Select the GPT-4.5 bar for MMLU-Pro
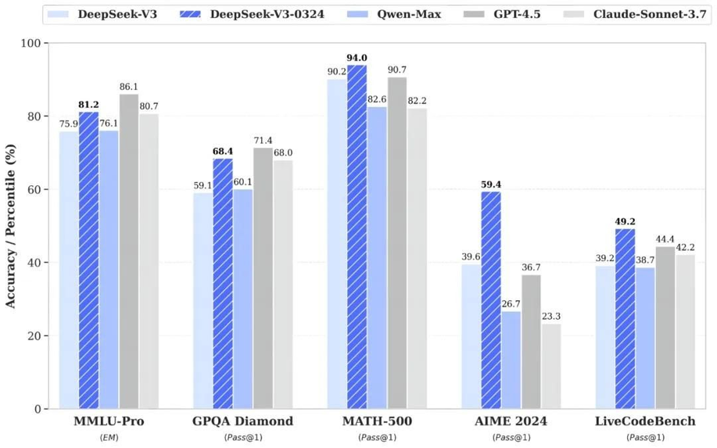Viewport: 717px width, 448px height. pos(129,251)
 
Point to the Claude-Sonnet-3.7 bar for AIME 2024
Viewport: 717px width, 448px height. pos(551,366)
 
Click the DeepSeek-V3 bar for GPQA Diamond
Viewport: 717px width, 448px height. pos(203,300)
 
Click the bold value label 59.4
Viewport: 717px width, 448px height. pos(491,184)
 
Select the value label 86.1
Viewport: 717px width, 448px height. pos(129,87)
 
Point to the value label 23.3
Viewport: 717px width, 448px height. pos(551,316)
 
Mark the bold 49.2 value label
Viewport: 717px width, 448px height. pos(625,222)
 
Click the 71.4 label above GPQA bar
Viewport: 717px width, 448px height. pos(263,140)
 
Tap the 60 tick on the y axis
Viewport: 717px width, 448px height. pos(34,190)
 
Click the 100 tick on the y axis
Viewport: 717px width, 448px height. pos(31,43)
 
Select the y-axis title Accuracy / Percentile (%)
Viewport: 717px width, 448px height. pos(10,226)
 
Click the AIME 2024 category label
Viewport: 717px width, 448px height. pos(511,421)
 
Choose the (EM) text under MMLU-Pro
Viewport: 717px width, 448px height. pos(109,437)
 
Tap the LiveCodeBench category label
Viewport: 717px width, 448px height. pos(645,421)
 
